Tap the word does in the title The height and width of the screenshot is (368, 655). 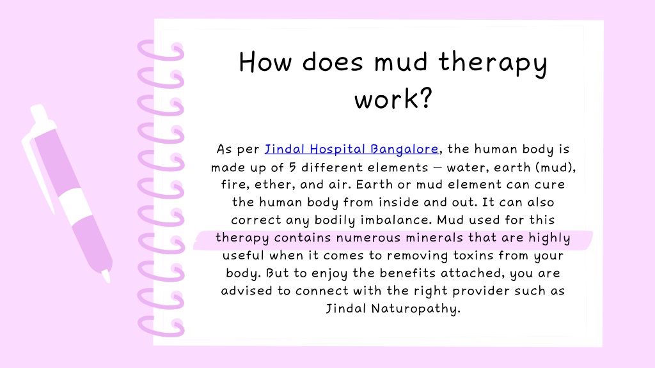tap(333, 63)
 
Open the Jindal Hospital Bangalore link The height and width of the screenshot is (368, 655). tap(351, 149)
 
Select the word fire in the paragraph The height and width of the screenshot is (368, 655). tap(225, 185)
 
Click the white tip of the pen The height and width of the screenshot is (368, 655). tap(106, 275)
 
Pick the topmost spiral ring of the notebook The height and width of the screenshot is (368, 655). tap(160, 50)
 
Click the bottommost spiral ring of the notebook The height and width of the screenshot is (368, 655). tap(160, 326)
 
